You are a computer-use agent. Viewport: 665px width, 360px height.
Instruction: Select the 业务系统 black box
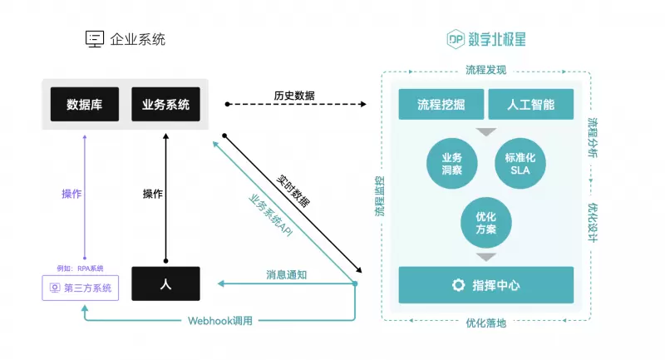pos(165,105)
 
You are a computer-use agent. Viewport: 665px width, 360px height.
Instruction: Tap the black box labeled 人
pos(165,284)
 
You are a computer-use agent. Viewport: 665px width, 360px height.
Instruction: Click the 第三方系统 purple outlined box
pos(81,288)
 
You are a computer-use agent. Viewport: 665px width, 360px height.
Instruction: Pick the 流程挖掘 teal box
pos(441,106)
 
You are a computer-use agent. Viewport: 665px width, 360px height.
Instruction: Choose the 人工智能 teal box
pos(530,106)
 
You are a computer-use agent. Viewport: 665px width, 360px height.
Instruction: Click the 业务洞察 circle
pos(452,164)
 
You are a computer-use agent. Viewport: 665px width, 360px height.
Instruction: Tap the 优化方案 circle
pos(485,221)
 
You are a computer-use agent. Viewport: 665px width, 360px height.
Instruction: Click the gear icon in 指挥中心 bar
pos(457,285)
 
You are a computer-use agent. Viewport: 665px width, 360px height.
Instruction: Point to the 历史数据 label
pos(294,96)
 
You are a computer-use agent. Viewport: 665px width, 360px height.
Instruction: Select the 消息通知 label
pos(286,274)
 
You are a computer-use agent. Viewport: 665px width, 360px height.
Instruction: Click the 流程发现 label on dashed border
pos(485,70)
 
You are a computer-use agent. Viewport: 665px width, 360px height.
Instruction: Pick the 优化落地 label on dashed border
pos(485,323)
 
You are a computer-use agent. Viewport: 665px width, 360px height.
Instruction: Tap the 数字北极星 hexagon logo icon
pos(455,38)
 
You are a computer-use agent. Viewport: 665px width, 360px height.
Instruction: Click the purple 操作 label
pos(71,194)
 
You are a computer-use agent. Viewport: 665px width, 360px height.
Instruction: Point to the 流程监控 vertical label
pos(380,196)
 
